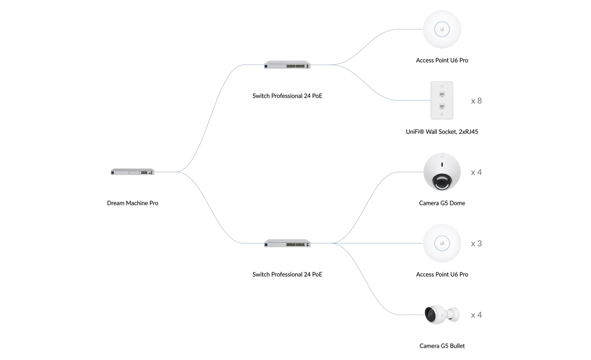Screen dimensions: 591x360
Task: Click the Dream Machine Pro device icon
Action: (x=133, y=172)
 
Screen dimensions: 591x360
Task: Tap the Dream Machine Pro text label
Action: (x=132, y=203)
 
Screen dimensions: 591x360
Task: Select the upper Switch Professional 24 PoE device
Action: (x=287, y=64)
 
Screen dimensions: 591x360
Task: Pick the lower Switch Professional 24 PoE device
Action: (x=287, y=243)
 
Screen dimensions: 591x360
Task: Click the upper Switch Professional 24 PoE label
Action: (x=287, y=96)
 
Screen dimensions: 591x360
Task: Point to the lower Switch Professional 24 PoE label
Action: (x=287, y=274)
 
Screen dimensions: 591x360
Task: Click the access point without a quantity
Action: (x=442, y=29)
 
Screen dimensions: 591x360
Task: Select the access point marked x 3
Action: (x=442, y=243)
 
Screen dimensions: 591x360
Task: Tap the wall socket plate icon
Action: (x=442, y=100)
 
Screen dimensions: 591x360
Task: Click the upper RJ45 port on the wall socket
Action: (x=442, y=94)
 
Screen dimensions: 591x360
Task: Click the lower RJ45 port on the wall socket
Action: (x=442, y=107)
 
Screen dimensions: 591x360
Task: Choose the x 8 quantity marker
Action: (x=477, y=101)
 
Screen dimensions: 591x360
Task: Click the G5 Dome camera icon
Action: (x=442, y=172)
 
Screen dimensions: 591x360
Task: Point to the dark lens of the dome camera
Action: (x=442, y=182)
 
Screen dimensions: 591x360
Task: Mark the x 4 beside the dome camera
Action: (x=477, y=172)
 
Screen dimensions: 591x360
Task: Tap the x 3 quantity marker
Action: (x=477, y=243)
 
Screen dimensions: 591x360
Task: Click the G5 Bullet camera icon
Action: (x=442, y=315)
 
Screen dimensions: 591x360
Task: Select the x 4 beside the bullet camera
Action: (x=477, y=315)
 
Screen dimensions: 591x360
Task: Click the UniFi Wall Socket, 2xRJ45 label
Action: (x=442, y=131)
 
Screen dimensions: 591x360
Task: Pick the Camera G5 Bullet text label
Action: (x=442, y=346)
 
